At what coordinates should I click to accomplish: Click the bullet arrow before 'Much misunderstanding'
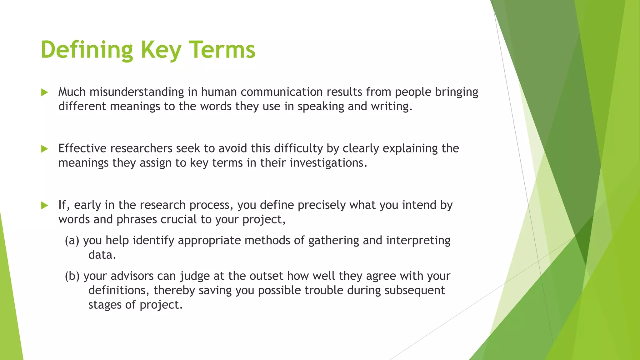tap(44, 92)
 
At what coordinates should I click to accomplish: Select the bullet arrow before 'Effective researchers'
tap(44, 149)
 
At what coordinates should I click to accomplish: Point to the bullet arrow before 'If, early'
tap(44, 206)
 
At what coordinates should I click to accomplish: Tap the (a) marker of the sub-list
tap(72, 241)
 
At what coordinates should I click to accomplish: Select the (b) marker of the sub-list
tap(72, 276)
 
